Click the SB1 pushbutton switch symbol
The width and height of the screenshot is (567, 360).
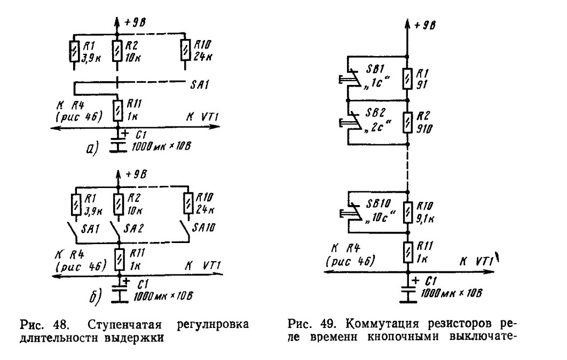tap(350, 78)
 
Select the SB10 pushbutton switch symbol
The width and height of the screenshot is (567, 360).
tap(350, 212)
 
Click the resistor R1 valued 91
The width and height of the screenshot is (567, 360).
tap(407, 79)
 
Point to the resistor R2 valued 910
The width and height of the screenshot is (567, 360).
tap(407, 123)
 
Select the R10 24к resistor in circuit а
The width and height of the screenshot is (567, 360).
tap(185, 51)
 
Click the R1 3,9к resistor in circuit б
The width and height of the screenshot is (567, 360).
tap(76, 204)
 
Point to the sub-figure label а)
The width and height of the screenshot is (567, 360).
tap(92, 149)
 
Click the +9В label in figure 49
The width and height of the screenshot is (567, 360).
tap(424, 25)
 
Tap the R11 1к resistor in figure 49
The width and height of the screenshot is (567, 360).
tap(407, 253)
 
